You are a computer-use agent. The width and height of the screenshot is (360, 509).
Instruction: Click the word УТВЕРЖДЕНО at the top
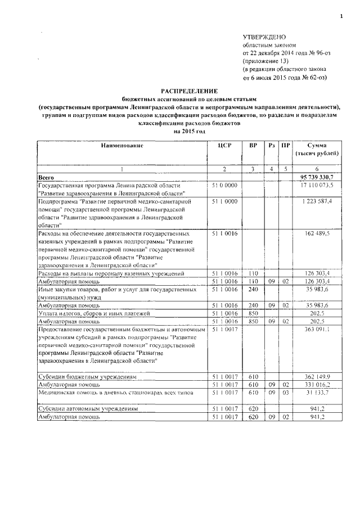coord(264,36)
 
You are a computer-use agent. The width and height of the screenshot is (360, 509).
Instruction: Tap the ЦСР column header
coord(224,145)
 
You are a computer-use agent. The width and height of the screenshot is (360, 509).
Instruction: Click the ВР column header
coord(253,145)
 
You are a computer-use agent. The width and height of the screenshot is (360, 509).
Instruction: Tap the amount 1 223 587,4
coord(319,201)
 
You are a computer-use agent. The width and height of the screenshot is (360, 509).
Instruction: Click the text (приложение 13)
coord(265,60)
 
